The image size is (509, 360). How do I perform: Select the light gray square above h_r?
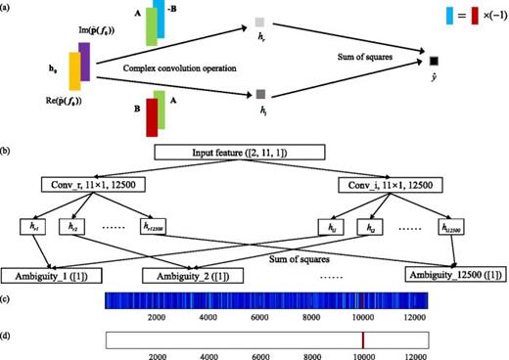coord(260,22)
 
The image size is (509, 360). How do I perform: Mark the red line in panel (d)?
coord(363,338)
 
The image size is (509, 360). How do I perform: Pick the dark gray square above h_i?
coord(260,94)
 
